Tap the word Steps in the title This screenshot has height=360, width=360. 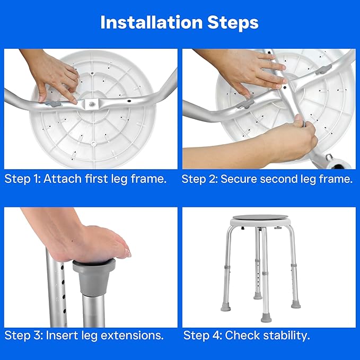[x=231, y=23]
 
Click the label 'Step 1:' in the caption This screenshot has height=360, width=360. [x=22, y=179]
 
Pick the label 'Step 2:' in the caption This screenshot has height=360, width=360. [x=199, y=179]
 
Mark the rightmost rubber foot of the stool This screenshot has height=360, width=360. [x=295, y=304]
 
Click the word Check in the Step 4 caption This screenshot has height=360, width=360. [x=241, y=336]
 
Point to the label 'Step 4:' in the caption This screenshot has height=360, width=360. [x=202, y=336]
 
